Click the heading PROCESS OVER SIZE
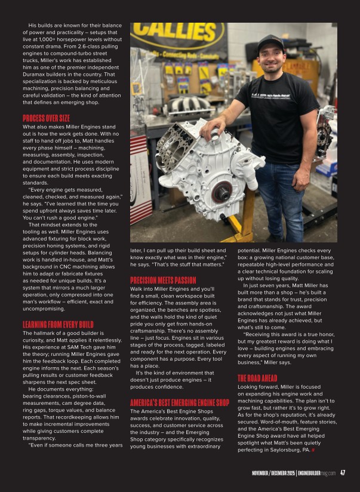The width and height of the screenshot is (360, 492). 46,118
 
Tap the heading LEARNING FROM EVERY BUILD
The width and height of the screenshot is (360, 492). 58,324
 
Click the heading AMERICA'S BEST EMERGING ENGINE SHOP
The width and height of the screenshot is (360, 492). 180,386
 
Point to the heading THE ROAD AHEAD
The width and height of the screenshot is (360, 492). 257,378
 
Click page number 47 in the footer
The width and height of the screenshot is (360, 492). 343,473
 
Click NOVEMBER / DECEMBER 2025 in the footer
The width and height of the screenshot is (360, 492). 272,474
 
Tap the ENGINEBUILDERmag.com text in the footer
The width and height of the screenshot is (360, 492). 317,474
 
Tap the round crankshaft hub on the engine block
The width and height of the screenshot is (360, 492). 222,192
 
